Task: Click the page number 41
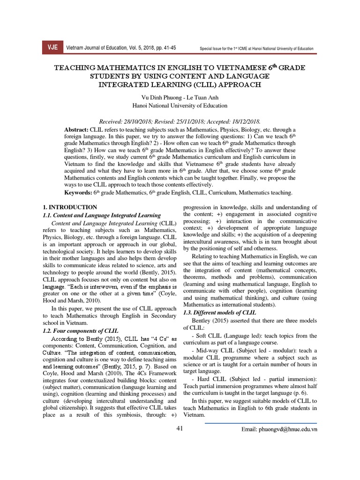click(180, 428)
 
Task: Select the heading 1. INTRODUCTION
click(69, 207)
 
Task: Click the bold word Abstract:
click(75, 129)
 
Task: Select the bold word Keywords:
click(79, 193)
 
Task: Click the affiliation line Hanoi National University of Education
click(180, 105)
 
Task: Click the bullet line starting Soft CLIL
click(248, 336)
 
